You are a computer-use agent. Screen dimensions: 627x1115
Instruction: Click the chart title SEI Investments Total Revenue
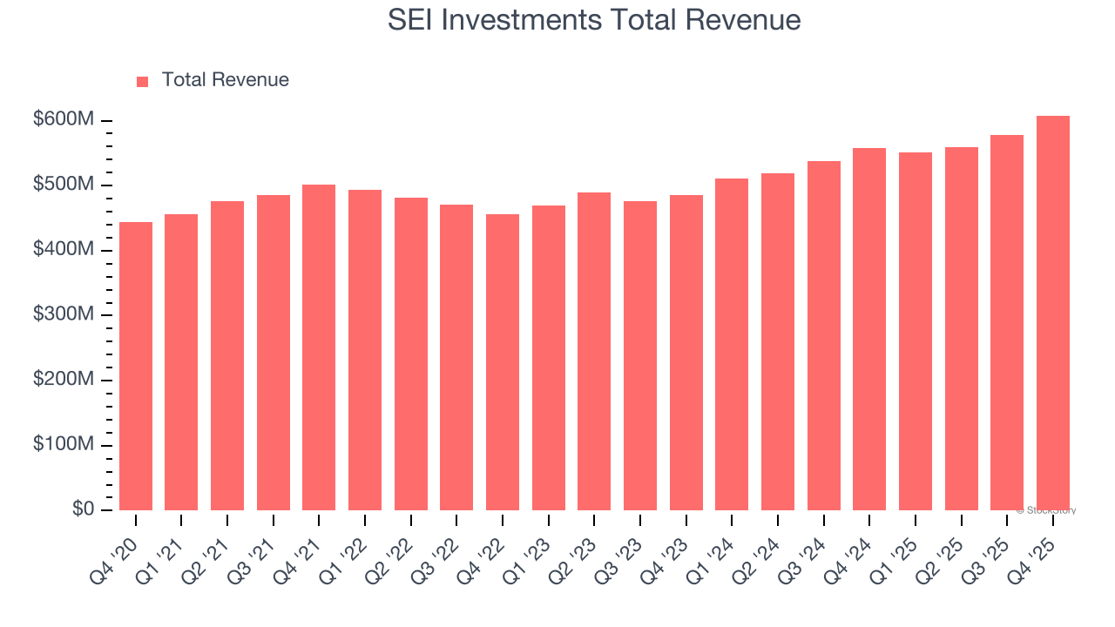(594, 20)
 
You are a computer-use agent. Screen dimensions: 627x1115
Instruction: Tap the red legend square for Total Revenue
(143, 81)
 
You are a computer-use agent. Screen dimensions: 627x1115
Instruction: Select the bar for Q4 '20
(136, 366)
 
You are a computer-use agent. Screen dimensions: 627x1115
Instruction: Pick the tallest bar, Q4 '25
(1052, 313)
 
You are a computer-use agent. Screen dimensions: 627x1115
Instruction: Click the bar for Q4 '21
(319, 347)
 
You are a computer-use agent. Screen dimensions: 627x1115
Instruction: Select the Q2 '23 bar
(594, 351)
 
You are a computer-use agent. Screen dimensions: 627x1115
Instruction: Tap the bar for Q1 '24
(732, 344)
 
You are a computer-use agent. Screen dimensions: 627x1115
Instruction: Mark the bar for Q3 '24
(823, 335)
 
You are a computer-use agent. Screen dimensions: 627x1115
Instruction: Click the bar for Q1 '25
(916, 331)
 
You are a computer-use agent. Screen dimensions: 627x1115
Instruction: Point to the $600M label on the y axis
(63, 120)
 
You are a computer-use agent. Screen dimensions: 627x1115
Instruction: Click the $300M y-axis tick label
(63, 315)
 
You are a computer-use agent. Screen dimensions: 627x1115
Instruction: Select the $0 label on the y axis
(82, 509)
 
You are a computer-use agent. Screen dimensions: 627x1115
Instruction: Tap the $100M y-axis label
(63, 445)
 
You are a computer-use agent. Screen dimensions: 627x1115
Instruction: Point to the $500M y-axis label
(63, 185)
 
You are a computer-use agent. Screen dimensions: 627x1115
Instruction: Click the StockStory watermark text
(1045, 510)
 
